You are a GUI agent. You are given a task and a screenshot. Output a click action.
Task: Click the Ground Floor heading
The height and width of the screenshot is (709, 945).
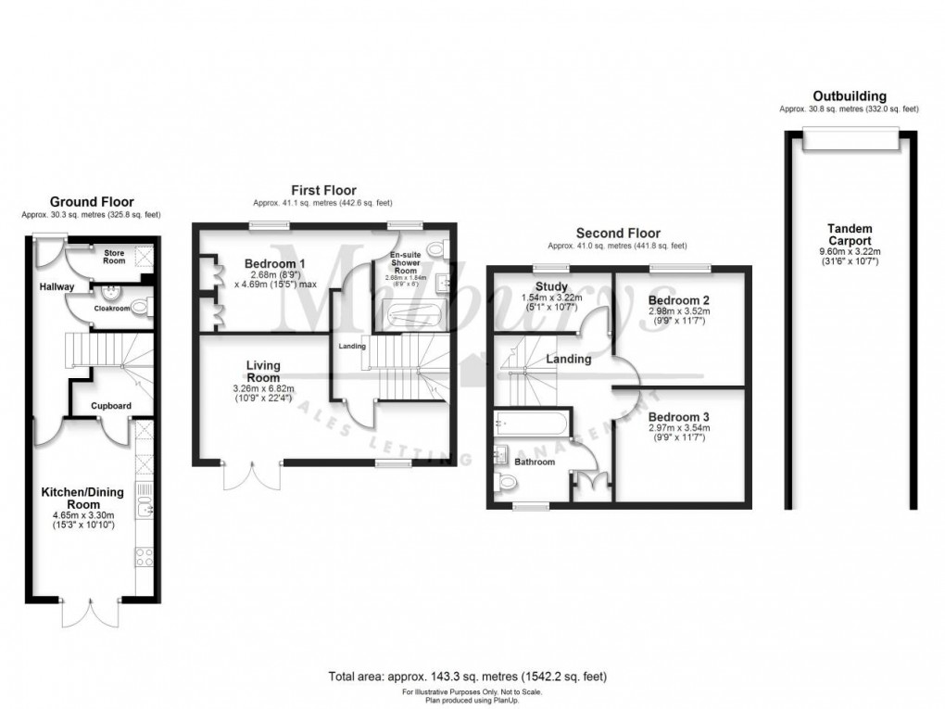click(91, 201)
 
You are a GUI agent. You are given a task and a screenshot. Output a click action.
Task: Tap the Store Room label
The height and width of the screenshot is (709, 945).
click(113, 257)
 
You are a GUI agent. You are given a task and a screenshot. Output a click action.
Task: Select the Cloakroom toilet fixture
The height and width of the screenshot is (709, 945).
click(140, 307)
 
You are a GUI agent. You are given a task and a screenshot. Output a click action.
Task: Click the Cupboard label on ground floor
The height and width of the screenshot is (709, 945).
click(110, 406)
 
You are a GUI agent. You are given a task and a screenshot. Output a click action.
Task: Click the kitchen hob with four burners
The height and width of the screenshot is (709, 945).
click(145, 556)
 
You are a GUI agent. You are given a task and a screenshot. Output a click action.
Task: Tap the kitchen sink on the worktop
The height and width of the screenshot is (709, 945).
click(145, 505)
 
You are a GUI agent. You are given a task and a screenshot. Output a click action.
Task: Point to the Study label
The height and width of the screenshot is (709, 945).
click(551, 286)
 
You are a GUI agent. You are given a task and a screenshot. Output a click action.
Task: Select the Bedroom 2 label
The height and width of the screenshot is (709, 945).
click(679, 301)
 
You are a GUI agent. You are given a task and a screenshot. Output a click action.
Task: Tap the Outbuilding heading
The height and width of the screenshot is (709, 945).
click(849, 96)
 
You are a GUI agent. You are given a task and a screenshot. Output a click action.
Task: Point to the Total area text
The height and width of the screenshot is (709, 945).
click(468, 677)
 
